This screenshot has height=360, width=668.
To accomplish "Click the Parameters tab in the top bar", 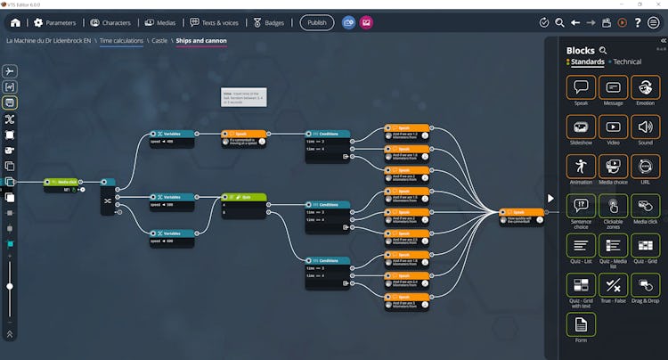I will point(55,22).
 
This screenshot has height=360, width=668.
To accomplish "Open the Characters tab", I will point(110,22).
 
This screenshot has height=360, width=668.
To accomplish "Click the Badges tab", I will point(269,22).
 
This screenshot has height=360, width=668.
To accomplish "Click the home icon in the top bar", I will point(15,22).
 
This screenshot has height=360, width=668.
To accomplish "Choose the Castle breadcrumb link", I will point(159,41).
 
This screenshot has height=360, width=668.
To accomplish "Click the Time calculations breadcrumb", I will point(120,41).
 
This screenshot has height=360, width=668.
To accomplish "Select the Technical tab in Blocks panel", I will point(626,62).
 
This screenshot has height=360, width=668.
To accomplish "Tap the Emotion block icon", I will point(645,87).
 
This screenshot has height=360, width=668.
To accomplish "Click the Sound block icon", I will point(645,127).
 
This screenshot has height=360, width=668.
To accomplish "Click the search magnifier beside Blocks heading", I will point(603,51).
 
